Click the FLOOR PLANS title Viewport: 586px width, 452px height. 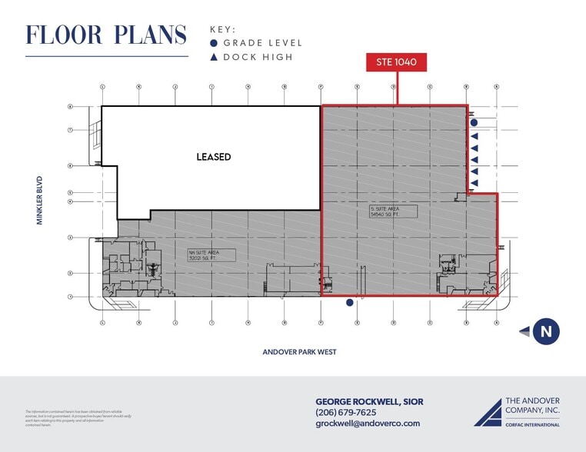[x=106, y=35]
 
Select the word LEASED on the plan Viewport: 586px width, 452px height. [x=213, y=157]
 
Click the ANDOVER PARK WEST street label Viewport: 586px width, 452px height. [x=300, y=351]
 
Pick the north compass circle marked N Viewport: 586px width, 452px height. [x=546, y=332]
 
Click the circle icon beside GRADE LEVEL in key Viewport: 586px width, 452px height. [x=214, y=43]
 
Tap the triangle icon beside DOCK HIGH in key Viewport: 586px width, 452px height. [x=214, y=57]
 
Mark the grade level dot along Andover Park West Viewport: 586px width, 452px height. [x=350, y=303]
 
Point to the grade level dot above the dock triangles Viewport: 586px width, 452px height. [x=474, y=122]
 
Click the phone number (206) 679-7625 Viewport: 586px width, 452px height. [x=346, y=412]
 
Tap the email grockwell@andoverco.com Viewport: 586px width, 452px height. [x=368, y=424]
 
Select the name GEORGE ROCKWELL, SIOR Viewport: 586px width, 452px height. [x=369, y=401]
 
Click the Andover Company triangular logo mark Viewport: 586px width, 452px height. [x=487, y=412]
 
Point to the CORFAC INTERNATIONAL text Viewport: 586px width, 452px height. [x=532, y=424]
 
